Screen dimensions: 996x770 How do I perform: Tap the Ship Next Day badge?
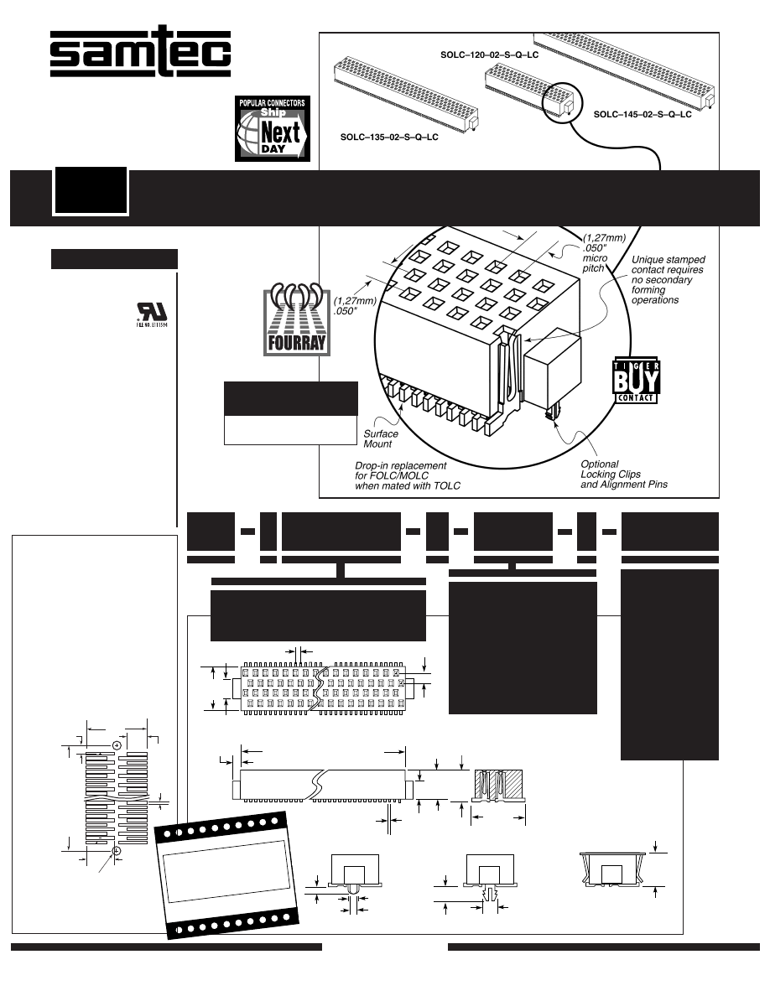tap(271, 128)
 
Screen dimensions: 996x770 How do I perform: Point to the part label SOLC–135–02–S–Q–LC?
tap(389, 136)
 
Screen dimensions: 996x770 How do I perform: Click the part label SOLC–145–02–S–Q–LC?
tap(642, 113)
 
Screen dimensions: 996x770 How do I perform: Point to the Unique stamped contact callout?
tap(668, 279)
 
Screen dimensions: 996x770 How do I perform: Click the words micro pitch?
tap(593, 263)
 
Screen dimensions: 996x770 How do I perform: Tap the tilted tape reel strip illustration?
tap(226, 873)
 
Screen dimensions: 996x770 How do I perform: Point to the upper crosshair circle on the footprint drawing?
tap(117, 745)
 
